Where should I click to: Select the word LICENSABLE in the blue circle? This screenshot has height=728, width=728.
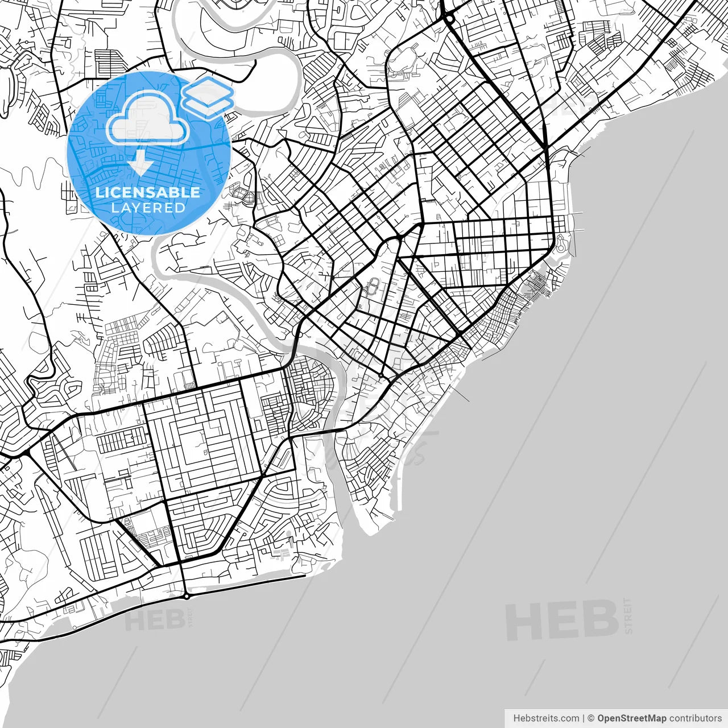(x=148, y=192)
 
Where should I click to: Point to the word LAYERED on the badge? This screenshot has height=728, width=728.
(x=148, y=208)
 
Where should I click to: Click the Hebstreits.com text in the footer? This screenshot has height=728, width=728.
(x=546, y=718)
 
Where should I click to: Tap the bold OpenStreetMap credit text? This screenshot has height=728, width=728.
(x=631, y=718)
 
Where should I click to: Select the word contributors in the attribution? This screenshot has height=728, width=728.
(x=695, y=718)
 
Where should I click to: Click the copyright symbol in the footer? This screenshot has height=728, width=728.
(x=591, y=718)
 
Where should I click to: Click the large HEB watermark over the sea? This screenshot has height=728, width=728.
(x=561, y=621)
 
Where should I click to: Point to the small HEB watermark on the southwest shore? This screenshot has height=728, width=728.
(x=154, y=620)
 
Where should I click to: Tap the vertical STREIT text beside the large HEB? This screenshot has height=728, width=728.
(x=628, y=615)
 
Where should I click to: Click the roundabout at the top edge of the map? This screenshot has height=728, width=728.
(x=449, y=19)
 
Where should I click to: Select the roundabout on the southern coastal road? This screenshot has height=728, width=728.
(x=186, y=596)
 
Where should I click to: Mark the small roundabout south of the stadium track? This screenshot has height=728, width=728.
(x=380, y=375)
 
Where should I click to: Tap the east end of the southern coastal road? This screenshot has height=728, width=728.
(x=305, y=576)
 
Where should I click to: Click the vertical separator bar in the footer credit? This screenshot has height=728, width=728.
(x=584, y=718)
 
